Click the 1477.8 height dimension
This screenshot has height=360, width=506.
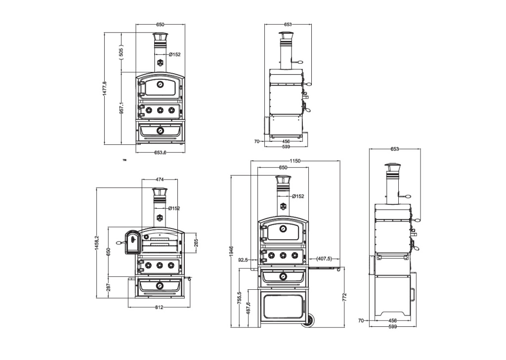point(104,89)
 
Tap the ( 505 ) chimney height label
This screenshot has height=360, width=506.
point(122,52)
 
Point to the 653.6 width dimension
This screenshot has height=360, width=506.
point(160,153)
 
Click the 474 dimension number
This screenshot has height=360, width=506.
point(160,179)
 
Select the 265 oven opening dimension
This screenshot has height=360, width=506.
point(196,243)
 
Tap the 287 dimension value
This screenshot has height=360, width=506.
point(108,286)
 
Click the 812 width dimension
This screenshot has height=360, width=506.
point(159,307)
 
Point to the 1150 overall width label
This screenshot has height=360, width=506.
point(295,161)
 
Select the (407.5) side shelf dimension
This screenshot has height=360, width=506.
point(324,259)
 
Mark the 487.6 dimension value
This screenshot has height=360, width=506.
point(248,309)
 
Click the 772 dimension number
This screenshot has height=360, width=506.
point(344,297)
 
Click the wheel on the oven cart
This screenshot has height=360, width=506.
point(311,321)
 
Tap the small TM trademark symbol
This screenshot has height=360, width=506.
point(125,160)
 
